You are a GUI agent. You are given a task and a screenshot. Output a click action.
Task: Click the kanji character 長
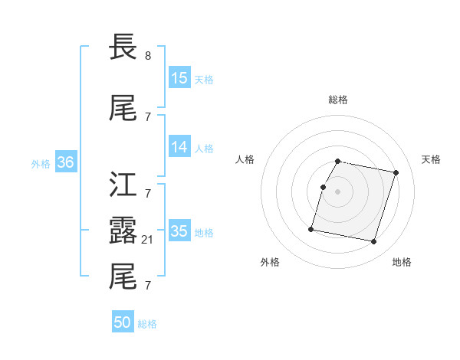coord(123,47)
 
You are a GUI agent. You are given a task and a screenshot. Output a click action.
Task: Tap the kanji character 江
coord(123,185)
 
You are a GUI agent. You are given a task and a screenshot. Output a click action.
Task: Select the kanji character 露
coord(123,229)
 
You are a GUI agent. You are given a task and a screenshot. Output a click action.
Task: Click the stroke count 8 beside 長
coord(148,56)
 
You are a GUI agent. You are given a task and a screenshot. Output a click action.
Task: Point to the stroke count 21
coord(149,240)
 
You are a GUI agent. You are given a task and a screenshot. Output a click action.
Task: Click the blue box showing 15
coord(179,78)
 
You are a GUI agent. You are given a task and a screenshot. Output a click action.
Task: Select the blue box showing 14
coord(179,147)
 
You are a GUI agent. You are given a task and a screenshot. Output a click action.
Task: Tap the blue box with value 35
coord(179,231)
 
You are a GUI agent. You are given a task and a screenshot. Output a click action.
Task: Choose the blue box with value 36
coord(65,162)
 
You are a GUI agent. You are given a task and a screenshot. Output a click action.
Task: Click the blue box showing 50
coord(123,322)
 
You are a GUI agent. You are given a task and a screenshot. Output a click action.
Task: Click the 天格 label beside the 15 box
coord(204,80)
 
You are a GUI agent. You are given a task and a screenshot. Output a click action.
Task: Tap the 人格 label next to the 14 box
coord(204,149)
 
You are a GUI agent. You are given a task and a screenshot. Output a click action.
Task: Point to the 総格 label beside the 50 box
coord(147,324)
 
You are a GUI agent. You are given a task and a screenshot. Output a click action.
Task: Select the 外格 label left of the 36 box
coord(41,164)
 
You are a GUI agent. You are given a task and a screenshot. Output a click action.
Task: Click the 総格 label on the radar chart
coord(338,100)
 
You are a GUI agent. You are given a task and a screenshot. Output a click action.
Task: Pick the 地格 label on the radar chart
coord(402,262)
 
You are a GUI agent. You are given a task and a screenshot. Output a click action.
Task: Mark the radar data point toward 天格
coord(396,173)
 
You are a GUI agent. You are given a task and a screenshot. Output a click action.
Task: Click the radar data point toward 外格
coord(311,228)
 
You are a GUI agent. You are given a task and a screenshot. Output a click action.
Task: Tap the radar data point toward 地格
coord(373,242)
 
